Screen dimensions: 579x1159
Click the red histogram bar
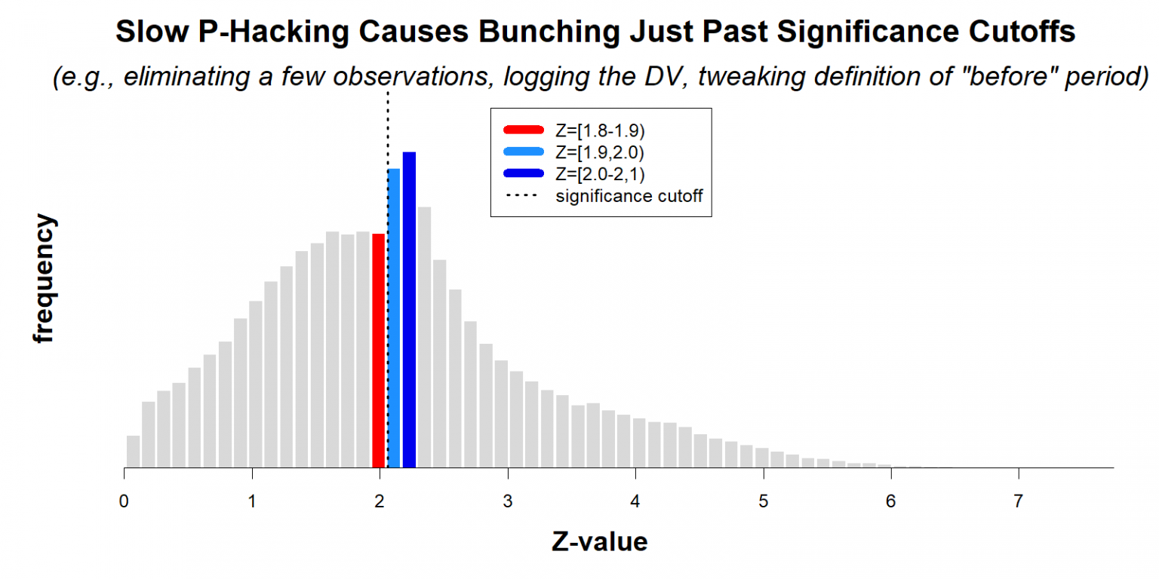(x=379, y=351)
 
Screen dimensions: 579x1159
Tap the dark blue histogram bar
(x=409, y=310)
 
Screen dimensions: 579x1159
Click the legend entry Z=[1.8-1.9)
(x=599, y=131)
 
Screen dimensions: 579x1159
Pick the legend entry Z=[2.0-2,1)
(x=599, y=173)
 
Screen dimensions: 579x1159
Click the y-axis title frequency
(x=45, y=279)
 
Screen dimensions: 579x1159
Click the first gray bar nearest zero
(x=133, y=452)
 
